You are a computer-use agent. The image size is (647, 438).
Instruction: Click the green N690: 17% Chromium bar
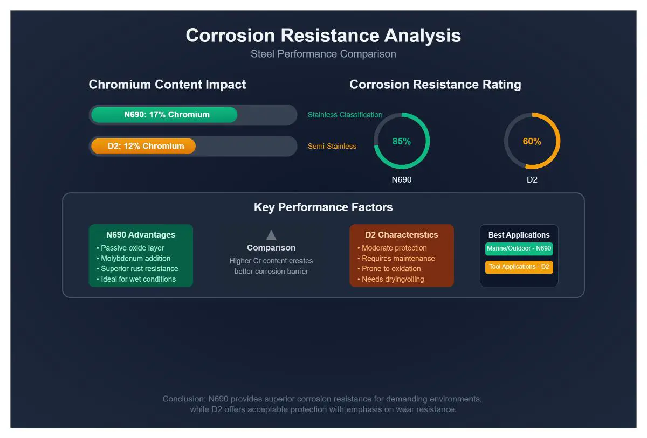164,115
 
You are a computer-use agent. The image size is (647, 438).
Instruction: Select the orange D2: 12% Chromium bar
143,146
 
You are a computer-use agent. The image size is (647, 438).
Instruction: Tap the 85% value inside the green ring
402,141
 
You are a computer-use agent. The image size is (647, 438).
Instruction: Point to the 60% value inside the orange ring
532,141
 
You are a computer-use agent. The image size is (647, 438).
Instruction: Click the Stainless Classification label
345,115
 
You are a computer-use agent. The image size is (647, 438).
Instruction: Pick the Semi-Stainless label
332,147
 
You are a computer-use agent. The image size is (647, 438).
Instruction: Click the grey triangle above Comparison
271,235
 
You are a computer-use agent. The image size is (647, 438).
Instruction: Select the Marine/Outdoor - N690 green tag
519,249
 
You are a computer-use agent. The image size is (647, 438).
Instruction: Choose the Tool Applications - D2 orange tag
519,267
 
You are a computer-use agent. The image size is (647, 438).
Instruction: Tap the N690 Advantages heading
141,235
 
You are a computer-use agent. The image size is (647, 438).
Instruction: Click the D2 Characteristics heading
402,235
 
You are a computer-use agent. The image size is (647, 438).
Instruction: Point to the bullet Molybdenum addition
134,258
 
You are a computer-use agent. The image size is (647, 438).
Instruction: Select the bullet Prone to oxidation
389,269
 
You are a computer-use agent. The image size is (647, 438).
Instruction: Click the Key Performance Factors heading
323,207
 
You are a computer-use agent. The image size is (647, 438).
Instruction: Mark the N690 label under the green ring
402,180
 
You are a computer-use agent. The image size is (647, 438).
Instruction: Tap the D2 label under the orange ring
532,180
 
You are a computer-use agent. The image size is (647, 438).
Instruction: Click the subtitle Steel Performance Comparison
323,54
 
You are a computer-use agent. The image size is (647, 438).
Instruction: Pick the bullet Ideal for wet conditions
136,279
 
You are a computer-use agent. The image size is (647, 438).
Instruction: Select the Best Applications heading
519,235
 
